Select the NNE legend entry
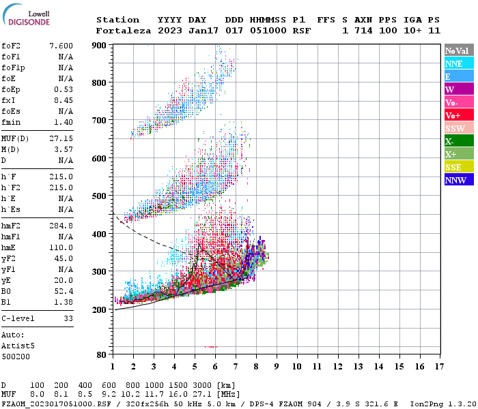pos(458,63)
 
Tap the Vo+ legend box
pos(458,115)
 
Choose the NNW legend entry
pos(458,180)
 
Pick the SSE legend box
pos(458,167)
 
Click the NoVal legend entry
pos(458,50)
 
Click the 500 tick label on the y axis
pos(99,196)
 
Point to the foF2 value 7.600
pos(61,46)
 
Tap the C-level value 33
pos(68,318)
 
